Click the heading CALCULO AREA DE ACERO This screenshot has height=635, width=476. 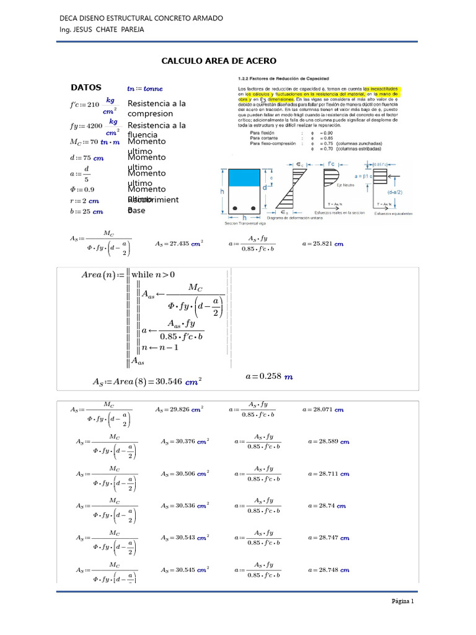tap(219, 61)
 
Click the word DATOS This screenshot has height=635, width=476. tap(86, 87)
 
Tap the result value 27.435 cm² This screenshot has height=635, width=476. tap(179, 244)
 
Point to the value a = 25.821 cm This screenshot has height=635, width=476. tap(322, 244)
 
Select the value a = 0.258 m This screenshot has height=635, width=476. tap(269, 376)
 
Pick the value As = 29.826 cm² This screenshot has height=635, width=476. tap(179, 410)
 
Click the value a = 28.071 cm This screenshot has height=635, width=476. tap(322, 410)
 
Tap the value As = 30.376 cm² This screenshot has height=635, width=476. tap(185, 442)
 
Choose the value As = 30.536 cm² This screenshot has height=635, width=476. tap(185, 505)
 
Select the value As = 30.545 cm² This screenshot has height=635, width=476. tap(185, 569)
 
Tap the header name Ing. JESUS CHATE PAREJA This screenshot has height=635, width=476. tap(101, 30)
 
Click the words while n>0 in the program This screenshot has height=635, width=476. tap(153, 274)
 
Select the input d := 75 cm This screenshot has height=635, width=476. tap(86, 158)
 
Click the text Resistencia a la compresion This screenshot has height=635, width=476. tap(156, 109)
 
